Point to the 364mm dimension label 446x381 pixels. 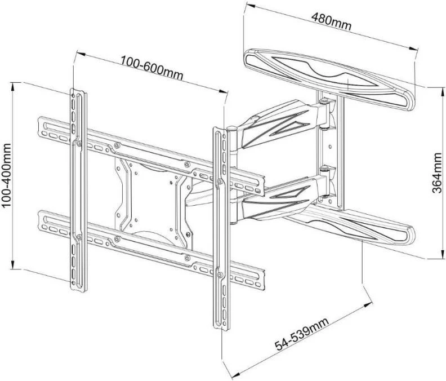tap(436, 174)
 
